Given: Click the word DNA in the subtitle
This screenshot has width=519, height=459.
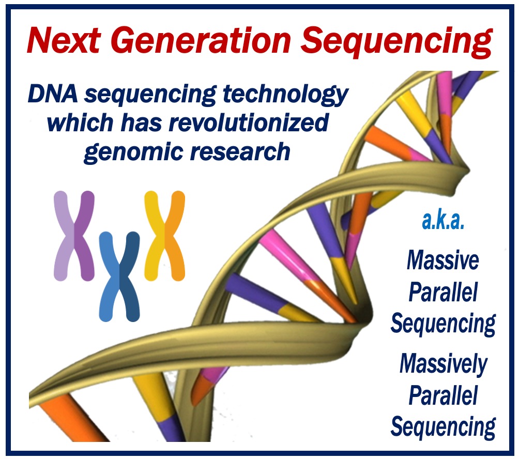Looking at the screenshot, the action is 53,94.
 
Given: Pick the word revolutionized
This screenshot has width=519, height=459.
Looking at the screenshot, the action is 249,123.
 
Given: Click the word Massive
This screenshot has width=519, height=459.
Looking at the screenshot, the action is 443,261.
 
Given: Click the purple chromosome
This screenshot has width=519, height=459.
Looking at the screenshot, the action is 74,236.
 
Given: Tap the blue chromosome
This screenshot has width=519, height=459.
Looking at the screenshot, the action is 119,277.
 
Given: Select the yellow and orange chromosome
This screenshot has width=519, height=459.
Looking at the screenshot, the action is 164,236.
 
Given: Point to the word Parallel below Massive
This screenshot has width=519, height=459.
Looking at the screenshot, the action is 443,292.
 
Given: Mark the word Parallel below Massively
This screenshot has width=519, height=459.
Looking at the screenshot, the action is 443,395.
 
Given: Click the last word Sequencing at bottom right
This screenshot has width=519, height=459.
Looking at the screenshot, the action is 443,427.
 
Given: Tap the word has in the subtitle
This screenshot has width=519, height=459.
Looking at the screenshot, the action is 141,123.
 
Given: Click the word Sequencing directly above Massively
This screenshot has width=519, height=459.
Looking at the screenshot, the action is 443,324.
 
